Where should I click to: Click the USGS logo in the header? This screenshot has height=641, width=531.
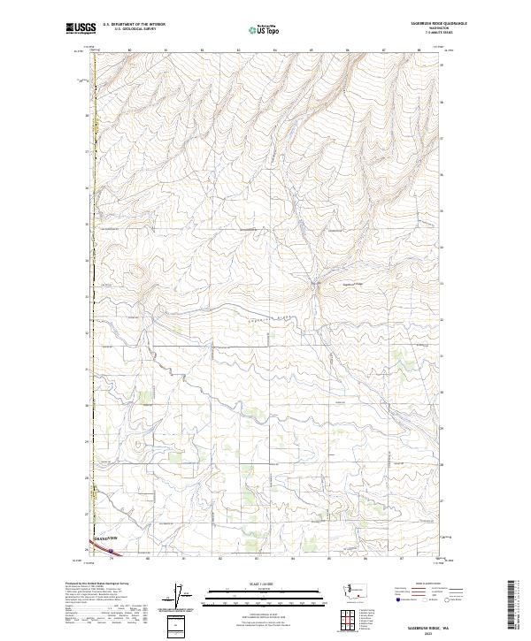81,29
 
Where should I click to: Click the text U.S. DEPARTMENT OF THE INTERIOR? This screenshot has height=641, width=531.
134,24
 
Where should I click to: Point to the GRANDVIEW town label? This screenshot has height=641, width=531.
103,538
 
